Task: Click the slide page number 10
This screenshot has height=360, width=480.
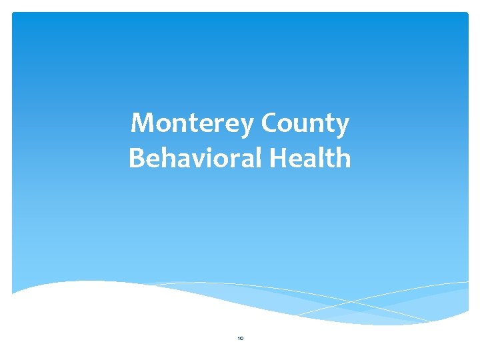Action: (240, 338)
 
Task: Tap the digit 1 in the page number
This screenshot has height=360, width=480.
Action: (238, 338)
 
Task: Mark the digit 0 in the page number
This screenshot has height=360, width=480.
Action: (241, 338)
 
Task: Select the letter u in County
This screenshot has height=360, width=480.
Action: (302, 125)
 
